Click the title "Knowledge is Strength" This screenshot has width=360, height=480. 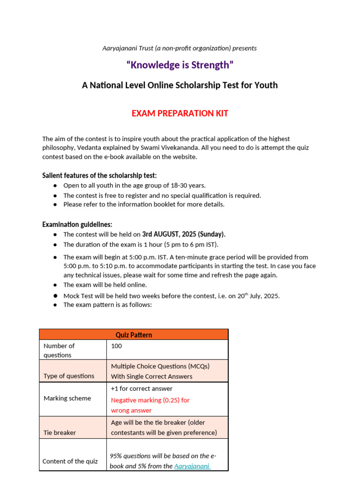point(180,65)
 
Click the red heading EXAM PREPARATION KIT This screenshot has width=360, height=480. point(180,113)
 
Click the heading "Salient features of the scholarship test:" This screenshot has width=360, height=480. point(99,175)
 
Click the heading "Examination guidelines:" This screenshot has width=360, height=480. point(77,225)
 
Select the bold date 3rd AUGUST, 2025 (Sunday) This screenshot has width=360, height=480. point(184,234)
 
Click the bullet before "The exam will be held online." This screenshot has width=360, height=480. point(55,285)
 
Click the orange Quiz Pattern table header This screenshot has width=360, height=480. point(134,335)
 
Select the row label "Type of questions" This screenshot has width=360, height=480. point(69,376)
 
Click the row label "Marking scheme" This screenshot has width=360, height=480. point(67,398)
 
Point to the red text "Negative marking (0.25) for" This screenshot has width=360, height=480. point(150,400)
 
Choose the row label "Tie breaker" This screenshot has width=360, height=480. point(60,433)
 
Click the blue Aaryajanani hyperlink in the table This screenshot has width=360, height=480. point(192,466)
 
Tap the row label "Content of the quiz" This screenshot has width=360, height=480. point(70,461)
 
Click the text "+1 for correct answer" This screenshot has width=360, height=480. point(142,389)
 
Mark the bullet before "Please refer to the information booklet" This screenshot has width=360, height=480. point(55,205)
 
